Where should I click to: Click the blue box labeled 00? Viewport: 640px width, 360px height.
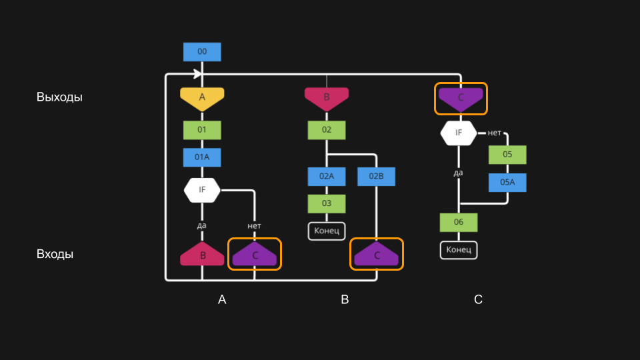click(x=202, y=52)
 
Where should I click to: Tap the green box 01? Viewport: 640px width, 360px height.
click(x=202, y=130)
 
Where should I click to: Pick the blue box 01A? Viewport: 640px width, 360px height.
click(x=202, y=157)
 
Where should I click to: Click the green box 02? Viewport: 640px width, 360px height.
click(x=327, y=130)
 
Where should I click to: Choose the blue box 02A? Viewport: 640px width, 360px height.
click(x=327, y=177)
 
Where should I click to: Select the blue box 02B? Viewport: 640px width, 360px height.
click(x=377, y=177)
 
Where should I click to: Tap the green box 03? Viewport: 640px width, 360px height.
click(x=327, y=203)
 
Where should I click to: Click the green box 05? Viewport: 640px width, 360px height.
click(x=507, y=155)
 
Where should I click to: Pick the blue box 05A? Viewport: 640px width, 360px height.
click(x=507, y=183)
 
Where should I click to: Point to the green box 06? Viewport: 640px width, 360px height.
click(x=459, y=222)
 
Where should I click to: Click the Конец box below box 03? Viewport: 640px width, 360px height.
click(x=327, y=231)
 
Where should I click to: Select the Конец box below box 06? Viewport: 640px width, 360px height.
click(x=459, y=250)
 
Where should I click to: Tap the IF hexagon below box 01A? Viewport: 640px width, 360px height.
click(x=202, y=190)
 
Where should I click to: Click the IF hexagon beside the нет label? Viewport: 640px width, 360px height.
click(x=459, y=133)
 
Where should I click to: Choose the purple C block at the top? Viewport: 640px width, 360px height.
click(x=461, y=98)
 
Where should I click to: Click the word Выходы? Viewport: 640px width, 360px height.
click(x=59, y=97)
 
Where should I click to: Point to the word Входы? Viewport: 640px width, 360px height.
click(x=55, y=255)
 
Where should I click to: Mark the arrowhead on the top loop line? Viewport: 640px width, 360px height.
click(x=198, y=73)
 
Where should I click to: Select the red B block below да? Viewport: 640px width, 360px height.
click(x=202, y=255)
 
